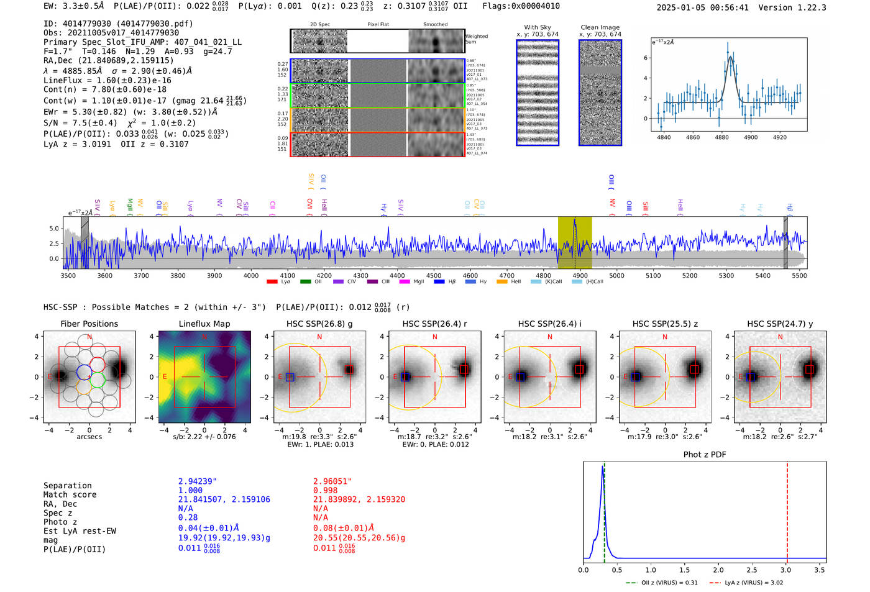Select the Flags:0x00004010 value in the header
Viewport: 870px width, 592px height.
click(x=521, y=6)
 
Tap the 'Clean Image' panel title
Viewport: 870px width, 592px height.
click(x=600, y=27)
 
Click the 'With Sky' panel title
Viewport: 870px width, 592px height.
click(x=537, y=27)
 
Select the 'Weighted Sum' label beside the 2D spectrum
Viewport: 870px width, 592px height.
click(x=476, y=39)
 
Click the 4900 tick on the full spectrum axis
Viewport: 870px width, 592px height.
click(x=580, y=275)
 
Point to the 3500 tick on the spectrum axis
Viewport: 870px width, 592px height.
click(x=68, y=275)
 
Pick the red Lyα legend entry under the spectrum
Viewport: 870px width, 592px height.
click(x=279, y=282)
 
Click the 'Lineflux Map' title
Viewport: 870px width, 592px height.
click(x=204, y=324)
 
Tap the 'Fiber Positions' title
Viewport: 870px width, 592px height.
click(x=89, y=324)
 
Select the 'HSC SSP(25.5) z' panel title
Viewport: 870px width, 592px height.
click(x=665, y=324)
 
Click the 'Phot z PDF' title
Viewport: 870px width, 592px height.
click(x=704, y=455)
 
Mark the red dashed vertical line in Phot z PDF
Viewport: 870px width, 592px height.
click(x=787, y=509)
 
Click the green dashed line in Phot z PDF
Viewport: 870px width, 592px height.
click(x=604, y=509)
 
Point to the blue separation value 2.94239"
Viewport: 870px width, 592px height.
click(x=198, y=481)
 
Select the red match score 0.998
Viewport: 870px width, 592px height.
click(x=325, y=491)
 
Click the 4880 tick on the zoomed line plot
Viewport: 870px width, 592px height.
click(x=721, y=137)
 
